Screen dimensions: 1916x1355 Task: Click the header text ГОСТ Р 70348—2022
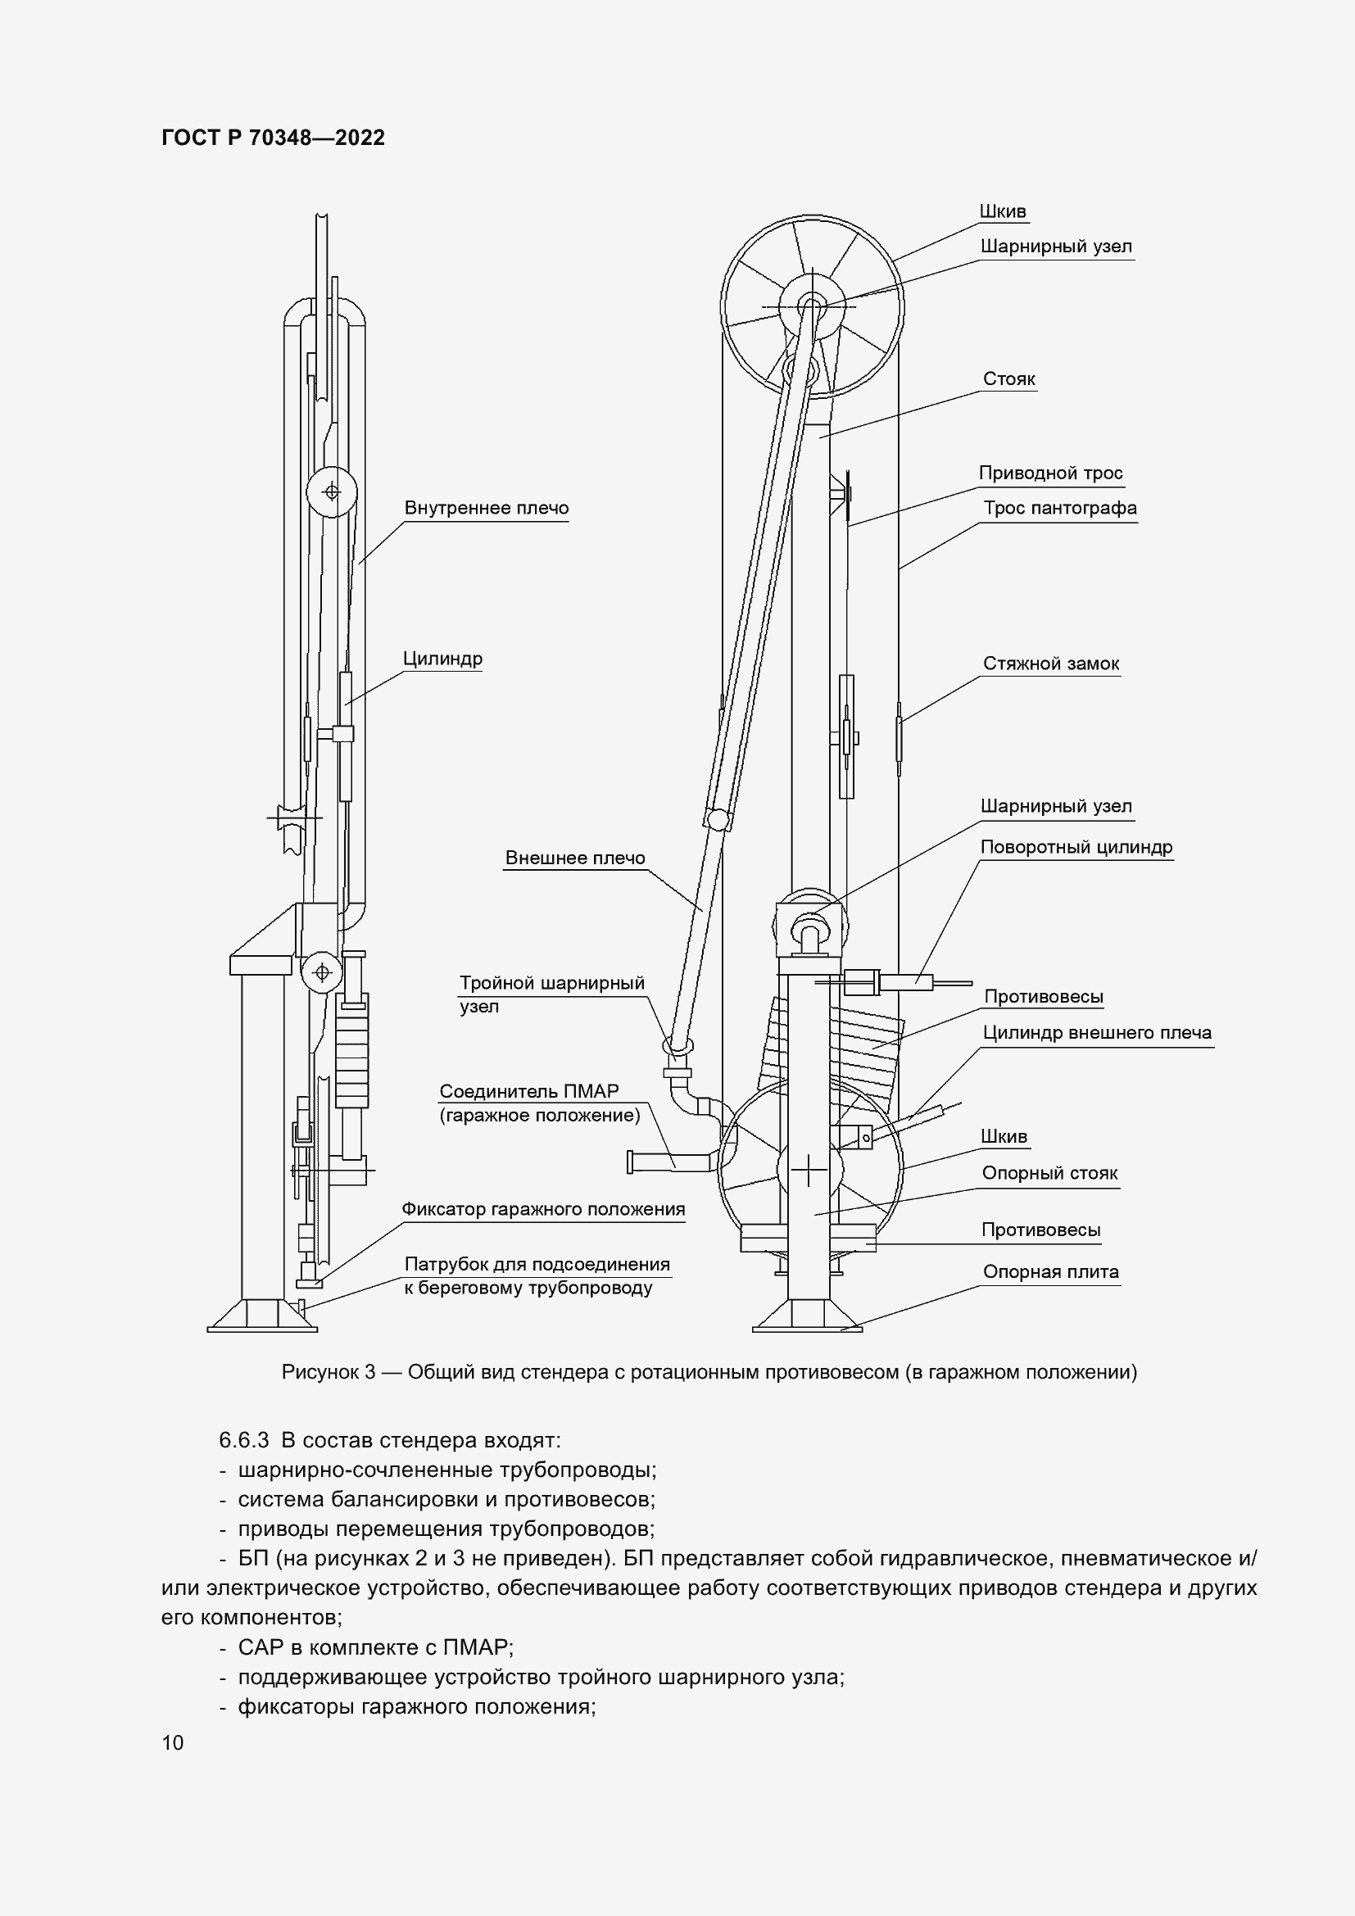(273, 138)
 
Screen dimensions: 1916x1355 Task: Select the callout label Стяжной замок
(1050, 664)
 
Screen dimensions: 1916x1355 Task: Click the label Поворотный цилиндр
(1076, 847)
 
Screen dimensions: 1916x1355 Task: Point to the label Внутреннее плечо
(487, 508)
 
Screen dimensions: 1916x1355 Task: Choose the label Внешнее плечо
(575, 858)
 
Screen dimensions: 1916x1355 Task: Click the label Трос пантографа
(1059, 508)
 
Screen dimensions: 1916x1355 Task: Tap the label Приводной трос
(1050, 473)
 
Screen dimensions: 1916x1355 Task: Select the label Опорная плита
(1050, 1272)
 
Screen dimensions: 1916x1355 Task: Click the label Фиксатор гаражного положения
(543, 1209)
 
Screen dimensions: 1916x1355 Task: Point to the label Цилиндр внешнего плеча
(1096, 1032)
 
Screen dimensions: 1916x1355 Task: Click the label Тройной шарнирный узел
(551, 994)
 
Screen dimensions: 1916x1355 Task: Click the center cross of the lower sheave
(809, 1171)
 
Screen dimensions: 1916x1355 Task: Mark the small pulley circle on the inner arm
(331, 492)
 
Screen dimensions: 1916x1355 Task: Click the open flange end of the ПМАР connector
(632, 1161)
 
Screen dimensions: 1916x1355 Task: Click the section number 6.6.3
(243, 1440)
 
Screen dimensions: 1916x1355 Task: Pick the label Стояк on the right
(1008, 379)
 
